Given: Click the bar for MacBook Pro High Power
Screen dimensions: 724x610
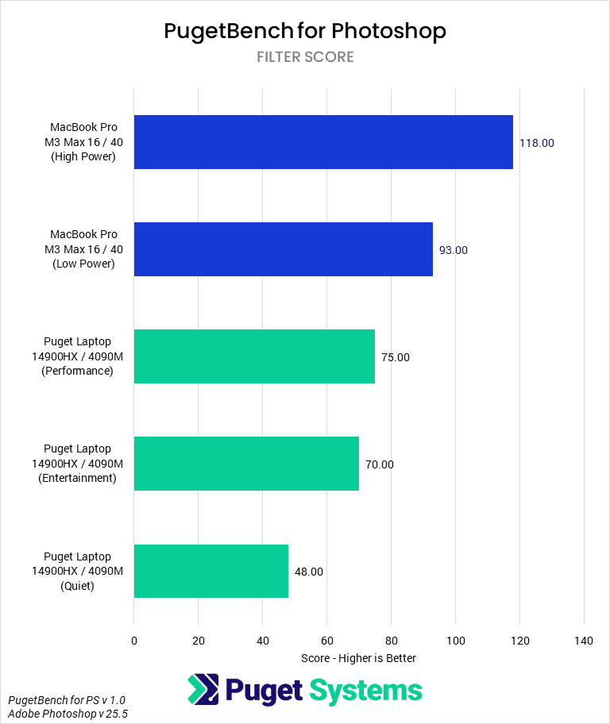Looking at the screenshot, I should (x=323, y=142).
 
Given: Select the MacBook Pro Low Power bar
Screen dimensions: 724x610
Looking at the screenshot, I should (x=284, y=249).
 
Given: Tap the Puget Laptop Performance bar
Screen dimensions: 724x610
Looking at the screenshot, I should (x=254, y=356).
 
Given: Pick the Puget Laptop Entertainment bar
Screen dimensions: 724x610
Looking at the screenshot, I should (x=246, y=464).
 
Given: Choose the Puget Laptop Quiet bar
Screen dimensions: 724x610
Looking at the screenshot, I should (x=211, y=571).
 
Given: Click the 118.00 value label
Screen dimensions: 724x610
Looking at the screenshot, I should (x=537, y=143).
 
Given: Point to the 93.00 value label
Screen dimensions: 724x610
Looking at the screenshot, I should (x=454, y=250).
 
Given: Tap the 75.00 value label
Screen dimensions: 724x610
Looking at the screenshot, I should (x=396, y=357).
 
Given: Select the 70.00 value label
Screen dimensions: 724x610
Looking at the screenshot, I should (x=380, y=464).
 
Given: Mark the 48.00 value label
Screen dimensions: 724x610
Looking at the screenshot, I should (x=309, y=572).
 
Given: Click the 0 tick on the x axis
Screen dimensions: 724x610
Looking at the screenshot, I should (x=134, y=640).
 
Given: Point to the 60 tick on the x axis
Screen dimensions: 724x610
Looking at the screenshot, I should (x=326, y=640).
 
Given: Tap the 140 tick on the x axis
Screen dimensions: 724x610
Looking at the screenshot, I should (x=584, y=640).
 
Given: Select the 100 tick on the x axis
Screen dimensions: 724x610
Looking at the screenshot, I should (x=455, y=640).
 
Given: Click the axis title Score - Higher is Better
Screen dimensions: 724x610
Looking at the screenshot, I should (x=359, y=658).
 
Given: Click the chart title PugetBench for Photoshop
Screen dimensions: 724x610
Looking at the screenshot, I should (x=305, y=31).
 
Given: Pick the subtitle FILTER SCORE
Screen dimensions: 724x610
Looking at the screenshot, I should (x=305, y=57).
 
